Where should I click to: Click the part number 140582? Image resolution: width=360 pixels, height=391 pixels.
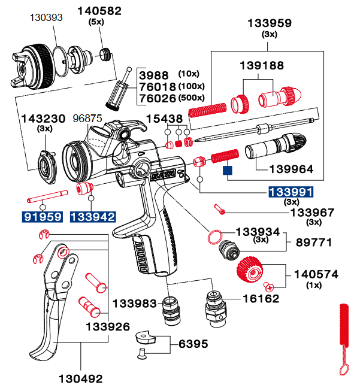(x=99, y=11)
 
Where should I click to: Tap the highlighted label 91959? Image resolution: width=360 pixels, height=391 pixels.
(x=43, y=216)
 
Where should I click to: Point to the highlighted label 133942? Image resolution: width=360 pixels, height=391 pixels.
(x=92, y=216)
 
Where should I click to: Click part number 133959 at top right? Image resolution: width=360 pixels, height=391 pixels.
(x=270, y=23)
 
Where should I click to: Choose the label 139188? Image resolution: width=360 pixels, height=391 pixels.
(x=262, y=65)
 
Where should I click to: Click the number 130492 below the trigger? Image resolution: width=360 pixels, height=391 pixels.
(x=80, y=378)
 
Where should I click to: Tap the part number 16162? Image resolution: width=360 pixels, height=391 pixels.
(x=261, y=298)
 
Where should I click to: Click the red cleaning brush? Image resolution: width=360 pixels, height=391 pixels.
(x=344, y=341)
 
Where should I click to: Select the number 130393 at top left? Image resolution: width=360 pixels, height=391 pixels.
(x=46, y=17)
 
